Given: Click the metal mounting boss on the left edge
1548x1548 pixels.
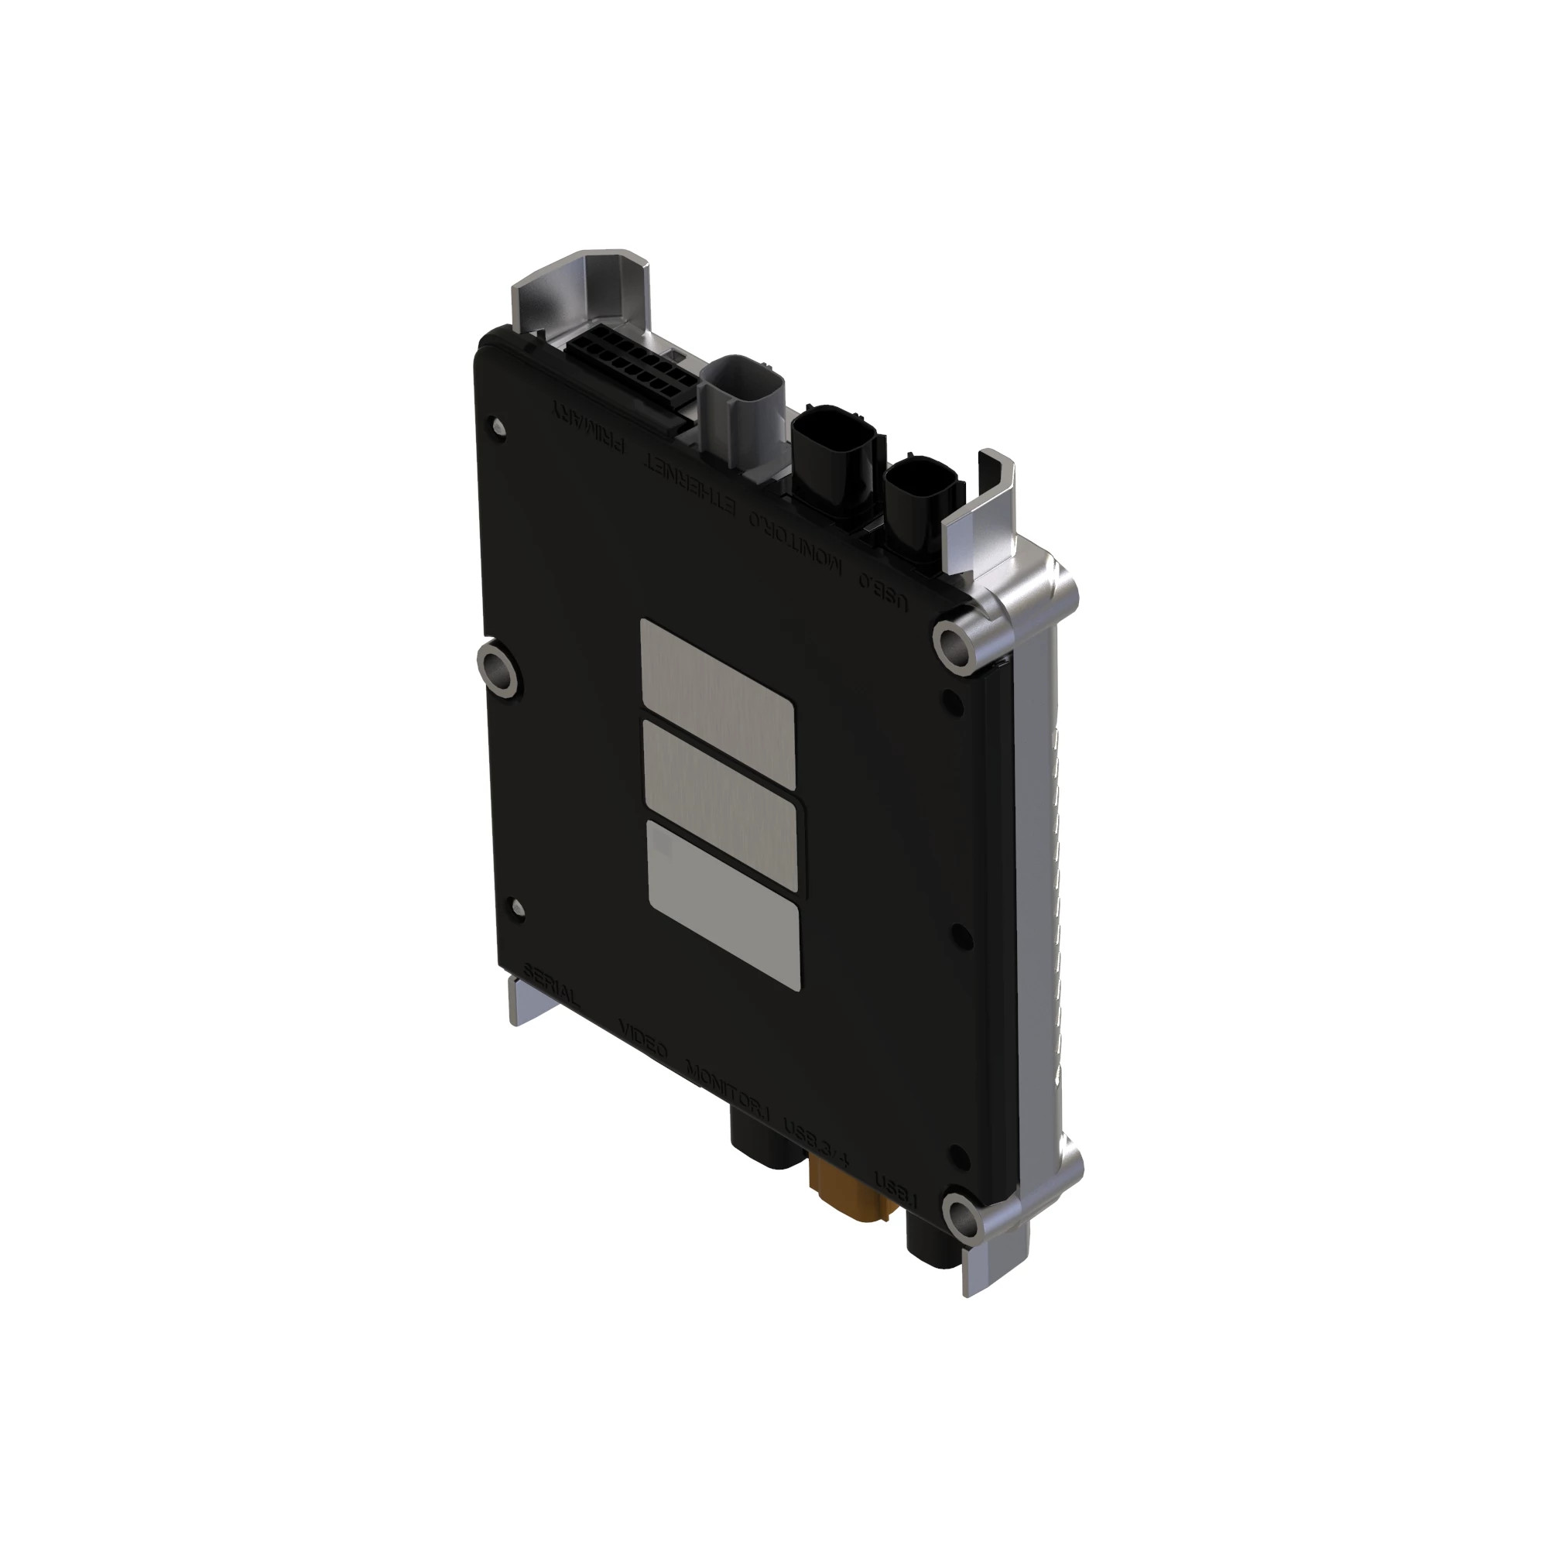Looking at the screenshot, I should point(498,668).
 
